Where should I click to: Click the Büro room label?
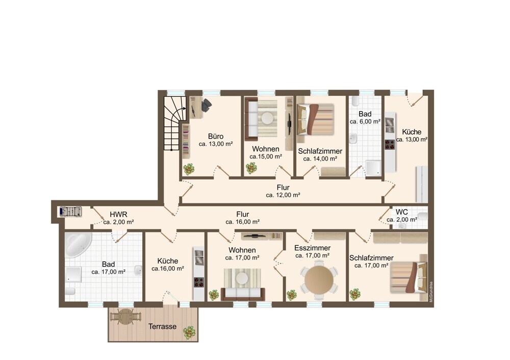[x=216, y=137]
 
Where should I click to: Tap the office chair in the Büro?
[x=206, y=105]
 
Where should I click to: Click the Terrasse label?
[x=162, y=326]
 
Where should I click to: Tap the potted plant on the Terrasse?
[x=189, y=332]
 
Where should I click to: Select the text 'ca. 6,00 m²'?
[x=365, y=122]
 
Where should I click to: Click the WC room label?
[x=402, y=212]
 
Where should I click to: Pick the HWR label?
[x=118, y=215]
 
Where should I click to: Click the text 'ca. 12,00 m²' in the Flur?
[x=283, y=195]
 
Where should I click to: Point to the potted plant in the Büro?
[x=189, y=169]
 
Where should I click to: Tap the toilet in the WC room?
[x=423, y=215]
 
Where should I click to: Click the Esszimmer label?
[x=312, y=248]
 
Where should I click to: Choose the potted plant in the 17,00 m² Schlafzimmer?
[x=355, y=294]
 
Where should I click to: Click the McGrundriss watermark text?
[x=431, y=292]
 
